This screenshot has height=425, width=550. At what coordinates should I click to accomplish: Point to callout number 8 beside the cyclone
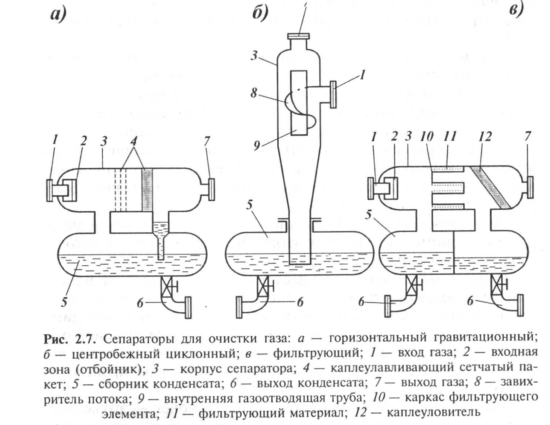pos(254,93)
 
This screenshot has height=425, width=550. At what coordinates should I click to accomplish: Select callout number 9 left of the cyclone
pos(257,145)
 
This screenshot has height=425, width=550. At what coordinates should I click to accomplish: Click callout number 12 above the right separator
pos(485,137)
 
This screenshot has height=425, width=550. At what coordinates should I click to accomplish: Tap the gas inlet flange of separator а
pos(50,191)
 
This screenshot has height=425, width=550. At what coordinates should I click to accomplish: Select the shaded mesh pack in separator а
pos(147,189)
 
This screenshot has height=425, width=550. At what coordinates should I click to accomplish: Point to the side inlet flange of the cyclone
pos(333,94)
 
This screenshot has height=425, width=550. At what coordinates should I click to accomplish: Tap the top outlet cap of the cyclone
pos(299,36)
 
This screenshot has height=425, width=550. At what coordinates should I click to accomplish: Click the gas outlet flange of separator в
pos(528,187)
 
